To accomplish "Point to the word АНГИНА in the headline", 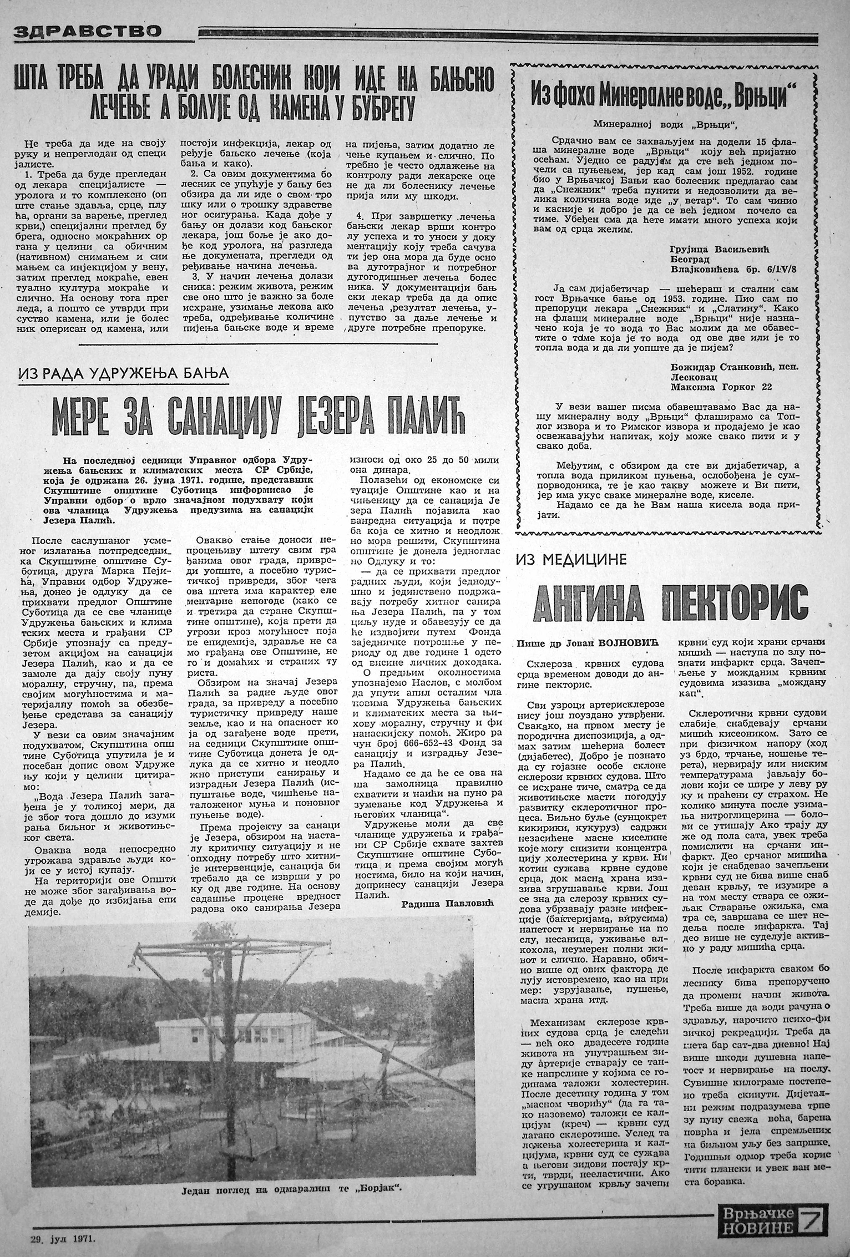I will [609, 602].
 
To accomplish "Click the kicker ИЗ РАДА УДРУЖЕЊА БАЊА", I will [123, 373].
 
